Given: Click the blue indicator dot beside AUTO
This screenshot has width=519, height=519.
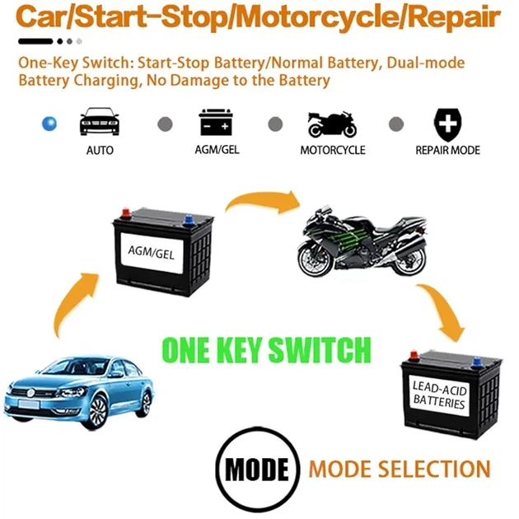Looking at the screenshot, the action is click(49, 124).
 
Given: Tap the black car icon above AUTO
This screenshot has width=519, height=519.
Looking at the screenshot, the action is click(100, 121).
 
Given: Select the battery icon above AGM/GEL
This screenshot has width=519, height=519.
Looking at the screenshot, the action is click(216, 122).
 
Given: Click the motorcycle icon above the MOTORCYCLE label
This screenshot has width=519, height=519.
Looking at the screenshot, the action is click(332, 124).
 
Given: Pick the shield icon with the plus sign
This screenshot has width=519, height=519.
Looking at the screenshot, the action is click(447, 124).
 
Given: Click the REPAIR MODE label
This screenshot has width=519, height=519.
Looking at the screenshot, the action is click(448, 150).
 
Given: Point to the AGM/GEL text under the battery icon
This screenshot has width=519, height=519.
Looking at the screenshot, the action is click(217, 150).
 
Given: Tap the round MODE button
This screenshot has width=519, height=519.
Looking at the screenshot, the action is click(258, 470).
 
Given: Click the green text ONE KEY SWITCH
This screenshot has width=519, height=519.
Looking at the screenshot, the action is click(266, 350).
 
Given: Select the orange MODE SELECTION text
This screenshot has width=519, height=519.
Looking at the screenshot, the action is click(400, 469).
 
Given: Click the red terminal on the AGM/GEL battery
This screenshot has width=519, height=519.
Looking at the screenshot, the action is click(125, 213).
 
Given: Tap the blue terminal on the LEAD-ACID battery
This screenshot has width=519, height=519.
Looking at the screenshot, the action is click(477, 362).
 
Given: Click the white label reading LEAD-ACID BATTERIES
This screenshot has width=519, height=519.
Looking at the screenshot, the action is click(439, 395).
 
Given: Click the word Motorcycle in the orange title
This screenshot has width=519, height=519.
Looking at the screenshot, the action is click(317, 17).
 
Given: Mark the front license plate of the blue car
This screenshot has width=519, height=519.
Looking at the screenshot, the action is click(29, 404).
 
